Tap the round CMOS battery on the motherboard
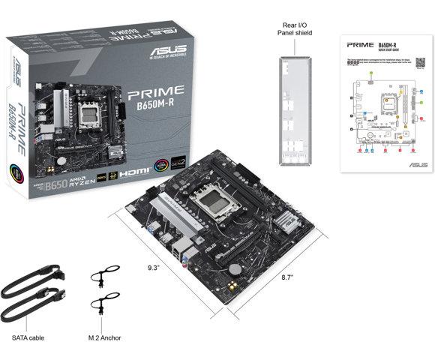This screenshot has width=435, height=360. (x=235, y=267)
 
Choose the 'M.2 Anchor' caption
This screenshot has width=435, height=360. (x=107, y=338)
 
